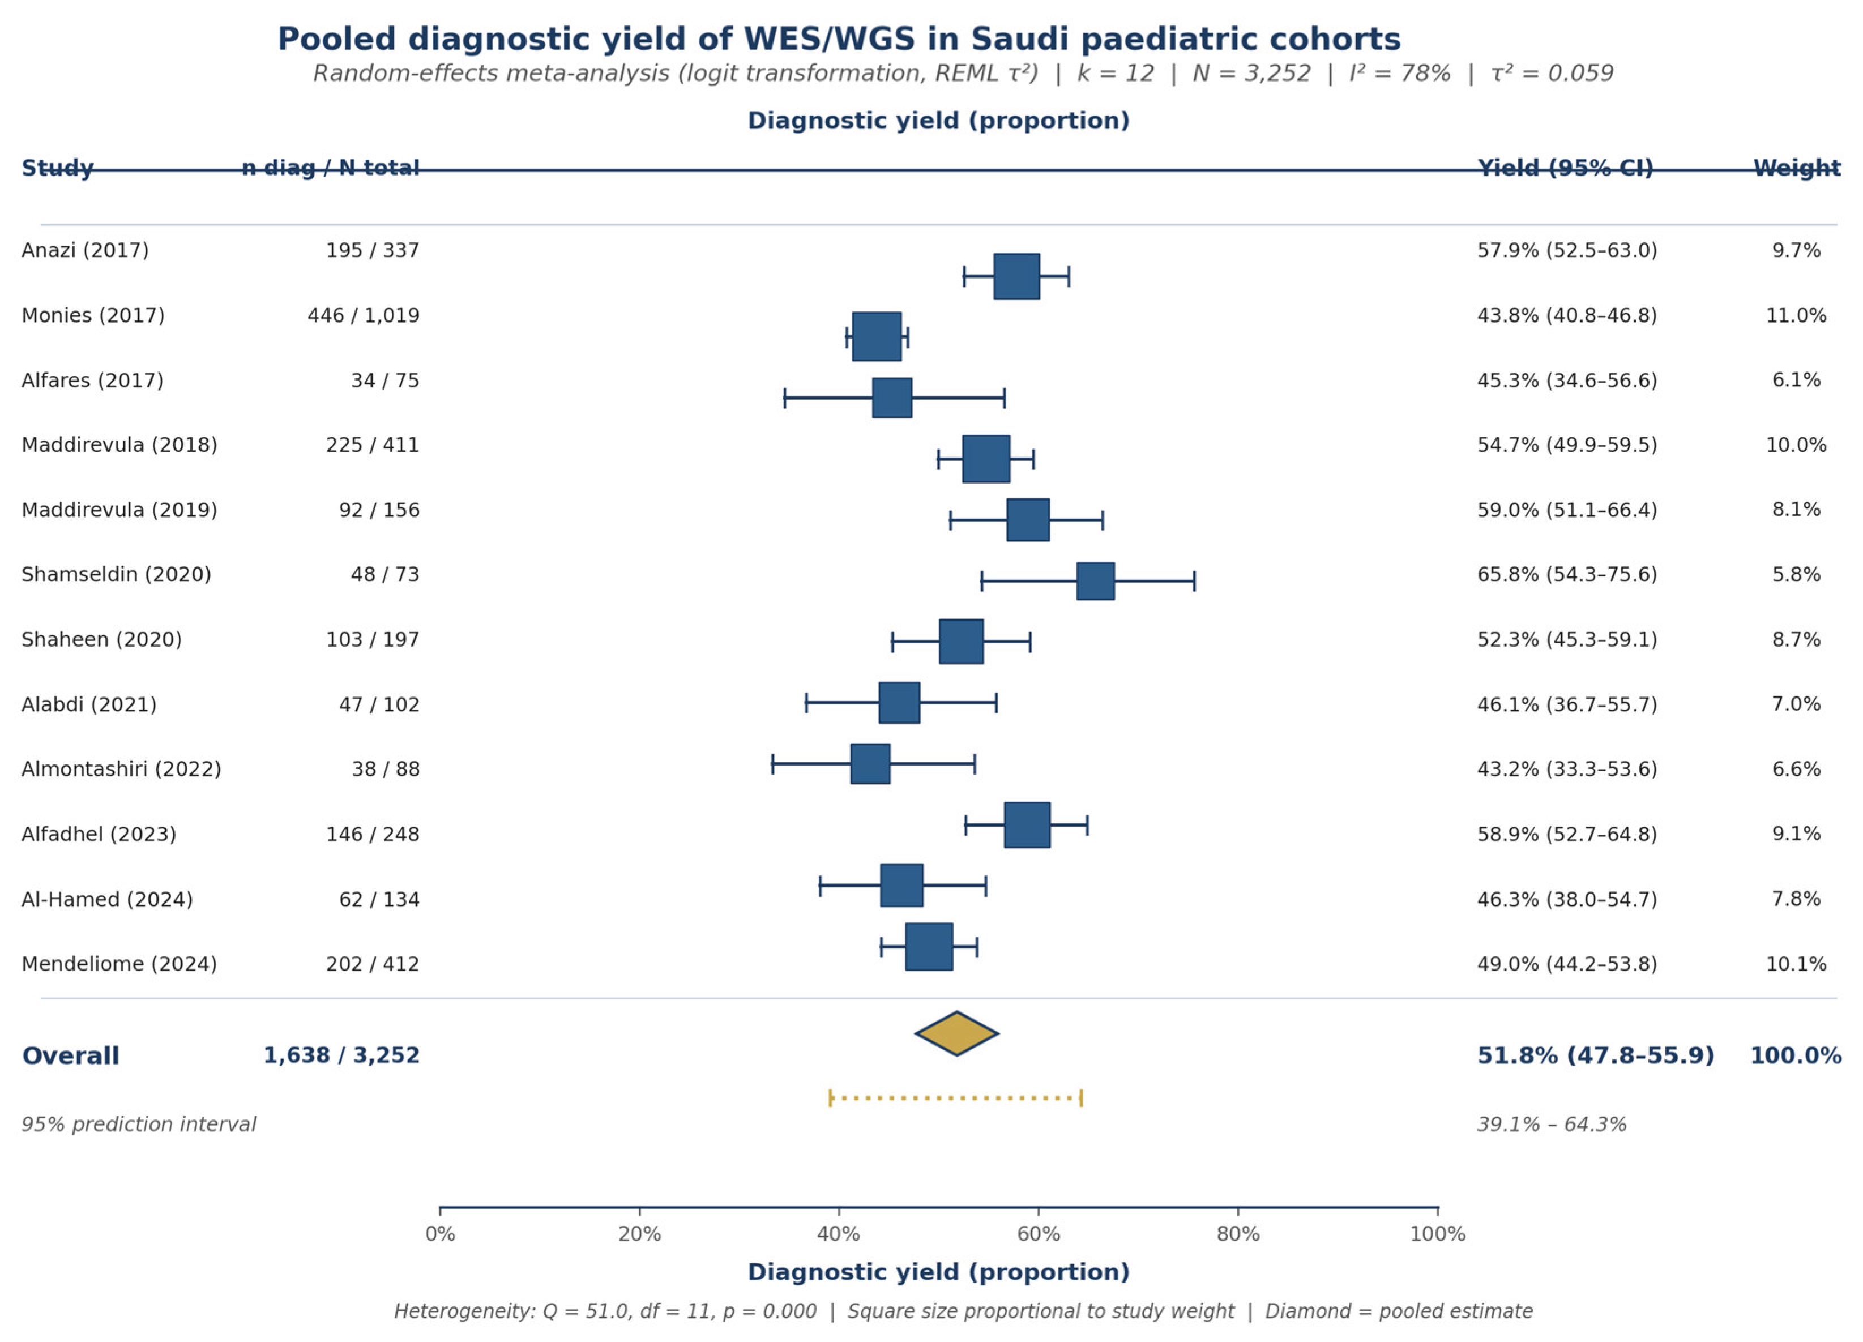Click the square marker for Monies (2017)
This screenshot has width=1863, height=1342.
pyautogui.click(x=877, y=337)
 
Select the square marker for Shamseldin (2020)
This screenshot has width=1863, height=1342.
pyautogui.click(x=1096, y=582)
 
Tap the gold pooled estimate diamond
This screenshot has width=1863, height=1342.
pyautogui.click(x=957, y=1033)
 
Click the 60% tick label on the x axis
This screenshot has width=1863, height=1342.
pyautogui.click(x=1039, y=1234)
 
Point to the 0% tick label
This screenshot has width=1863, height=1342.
pyautogui.click(x=441, y=1234)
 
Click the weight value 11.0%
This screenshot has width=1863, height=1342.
pyautogui.click(x=1796, y=315)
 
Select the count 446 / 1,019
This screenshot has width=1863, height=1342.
pyautogui.click(x=364, y=315)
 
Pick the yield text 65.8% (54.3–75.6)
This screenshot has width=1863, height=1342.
pyautogui.click(x=1567, y=574)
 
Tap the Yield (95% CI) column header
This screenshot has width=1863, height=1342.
pyautogui.click(x=1566, y=168)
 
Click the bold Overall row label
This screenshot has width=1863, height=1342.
pyautogui.click(x=71, y=1055)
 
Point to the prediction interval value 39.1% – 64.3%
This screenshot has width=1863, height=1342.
pyautogui.click(x=1552, y=1125)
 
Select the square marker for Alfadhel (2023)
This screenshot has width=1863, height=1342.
pyautogui.click(x=1027, y=824)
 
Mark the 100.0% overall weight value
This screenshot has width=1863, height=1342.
pyautogui.click(x=1796, y=1055)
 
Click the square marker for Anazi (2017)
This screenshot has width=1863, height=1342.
pyautogui.click(x=1017, y=277)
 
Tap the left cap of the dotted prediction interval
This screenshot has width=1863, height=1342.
pyautogui.click(x=831, y=1098)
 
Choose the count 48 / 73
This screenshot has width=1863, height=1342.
pyautogui.click(x=385, y=574)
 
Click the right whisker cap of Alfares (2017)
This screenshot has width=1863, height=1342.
pyautogui.click(x=1005, y=398)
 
